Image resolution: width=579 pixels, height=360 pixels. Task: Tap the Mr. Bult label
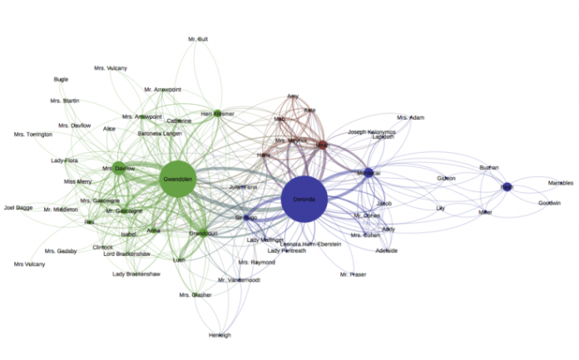pyautogui.click(x=197, y=39)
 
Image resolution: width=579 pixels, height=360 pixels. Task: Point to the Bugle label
pyautogui.click(x=61, y=80)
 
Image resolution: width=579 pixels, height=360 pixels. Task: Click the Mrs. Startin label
pyautogui.click(x=64, y=101)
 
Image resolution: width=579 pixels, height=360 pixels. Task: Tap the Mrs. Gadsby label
pyautogui.click(x=61, y=250)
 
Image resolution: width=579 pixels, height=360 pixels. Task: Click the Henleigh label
pyautogui.click(x=220, y=335)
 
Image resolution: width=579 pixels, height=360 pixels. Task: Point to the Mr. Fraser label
pyautogui.click(x=353, y=274)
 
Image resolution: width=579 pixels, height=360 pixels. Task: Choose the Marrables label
pyautogui.click(x=560, y=183)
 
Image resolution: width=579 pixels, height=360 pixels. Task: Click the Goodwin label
pyautogui.click(x=549, y=203)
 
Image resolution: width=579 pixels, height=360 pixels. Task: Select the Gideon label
pyautogui.click(x=447, y=179)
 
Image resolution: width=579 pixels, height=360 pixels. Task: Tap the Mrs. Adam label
pyautogui.click(x=411, y=118)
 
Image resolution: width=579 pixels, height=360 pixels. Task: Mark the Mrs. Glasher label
pyautogui.click(x=195, y=295)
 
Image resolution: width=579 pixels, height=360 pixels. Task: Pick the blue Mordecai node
pyautogui.click(x=367, y=173)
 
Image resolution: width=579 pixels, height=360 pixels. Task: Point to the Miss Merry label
pyautogui.click(x=78, y=181)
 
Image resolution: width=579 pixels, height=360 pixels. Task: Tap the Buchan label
pyautogui.click(x=489, y=168)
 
